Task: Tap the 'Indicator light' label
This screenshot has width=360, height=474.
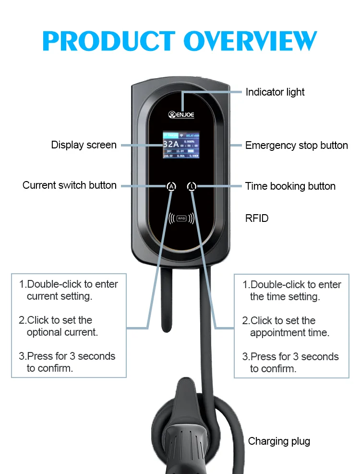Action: pyautogui.click(x=275, y=92)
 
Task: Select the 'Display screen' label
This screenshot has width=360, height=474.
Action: pyautogui.click(x=84, y=145)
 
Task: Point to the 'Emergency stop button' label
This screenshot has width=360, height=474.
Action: pyautogui.click(x=297, y=145)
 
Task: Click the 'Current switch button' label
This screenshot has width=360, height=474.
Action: pyautogui.click(x=70, y=185)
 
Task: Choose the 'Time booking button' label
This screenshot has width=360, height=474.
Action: pyautogui.click(x=290, y=186)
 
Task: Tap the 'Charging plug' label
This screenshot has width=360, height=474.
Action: pyautogui.click(x=279, y=441)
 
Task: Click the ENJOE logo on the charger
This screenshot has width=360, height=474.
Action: pyautogui.click(x=181, y=114)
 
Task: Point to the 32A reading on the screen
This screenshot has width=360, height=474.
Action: pyautogui.click(x=171, y=144)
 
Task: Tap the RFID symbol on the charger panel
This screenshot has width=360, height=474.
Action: pyautogui.click(x=181, y=218)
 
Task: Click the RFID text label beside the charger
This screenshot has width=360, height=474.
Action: pyautogui.click(x=257, y=218)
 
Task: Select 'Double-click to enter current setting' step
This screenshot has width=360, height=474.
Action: pyautogui.click(x=68, y=290)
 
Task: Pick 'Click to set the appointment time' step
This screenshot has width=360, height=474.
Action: pyautogui.click(x=286, y=327)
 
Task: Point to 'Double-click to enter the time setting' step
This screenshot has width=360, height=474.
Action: pyautogui.click(x=291, y=291)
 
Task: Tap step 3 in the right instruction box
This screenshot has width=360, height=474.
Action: pyautogui.click(x=290, y=363)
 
